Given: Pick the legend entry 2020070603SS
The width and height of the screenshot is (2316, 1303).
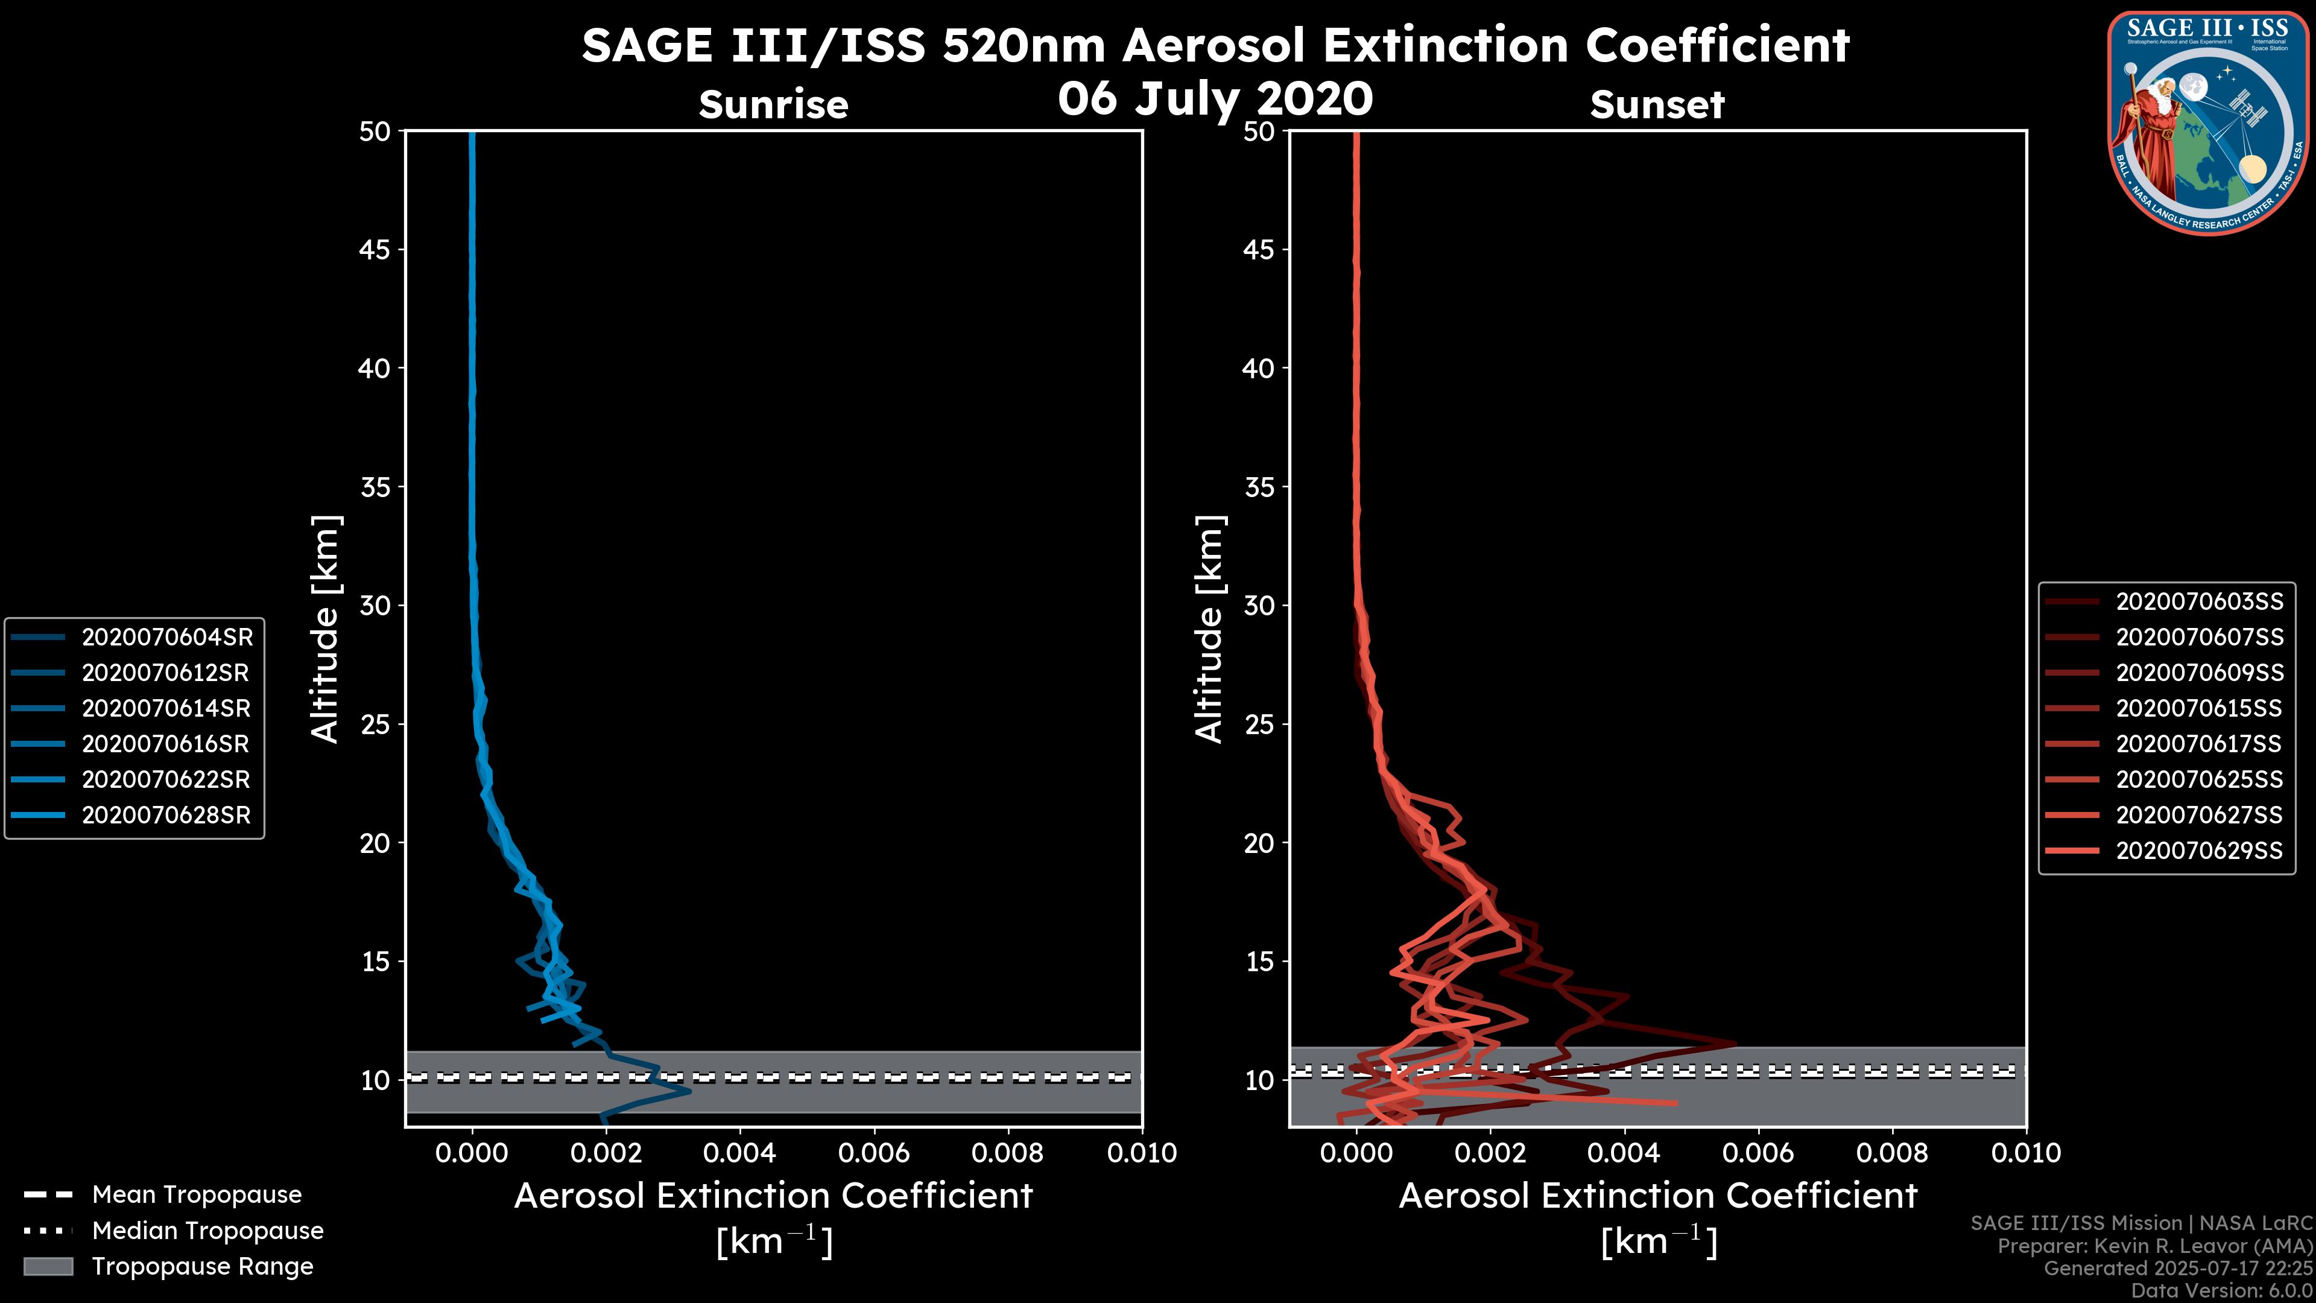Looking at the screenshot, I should [x=2199, y=601].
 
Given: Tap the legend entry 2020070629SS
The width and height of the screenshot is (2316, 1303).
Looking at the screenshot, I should [x=2199, y=850].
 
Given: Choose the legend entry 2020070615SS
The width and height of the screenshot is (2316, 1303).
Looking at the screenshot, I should [x=2199, y=708].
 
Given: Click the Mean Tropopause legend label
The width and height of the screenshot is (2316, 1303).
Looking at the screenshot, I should [x=197, y=1194].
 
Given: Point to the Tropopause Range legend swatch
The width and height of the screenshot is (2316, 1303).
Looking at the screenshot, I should [x=48, y=1266].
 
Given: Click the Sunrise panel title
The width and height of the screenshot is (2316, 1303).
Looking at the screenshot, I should [x=773, y=104].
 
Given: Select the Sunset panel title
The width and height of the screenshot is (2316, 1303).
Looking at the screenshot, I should [x=1657, y=104].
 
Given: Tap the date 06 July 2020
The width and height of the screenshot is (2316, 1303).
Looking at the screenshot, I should [x=1215, y=98].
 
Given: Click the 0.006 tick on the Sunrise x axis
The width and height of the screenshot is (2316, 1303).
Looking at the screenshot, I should [x=874, y=1153].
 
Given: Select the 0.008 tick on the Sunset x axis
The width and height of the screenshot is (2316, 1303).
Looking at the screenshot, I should [x=1893, y=1153].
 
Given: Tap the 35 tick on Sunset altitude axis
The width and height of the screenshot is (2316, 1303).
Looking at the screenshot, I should [x=1259, y=486].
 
